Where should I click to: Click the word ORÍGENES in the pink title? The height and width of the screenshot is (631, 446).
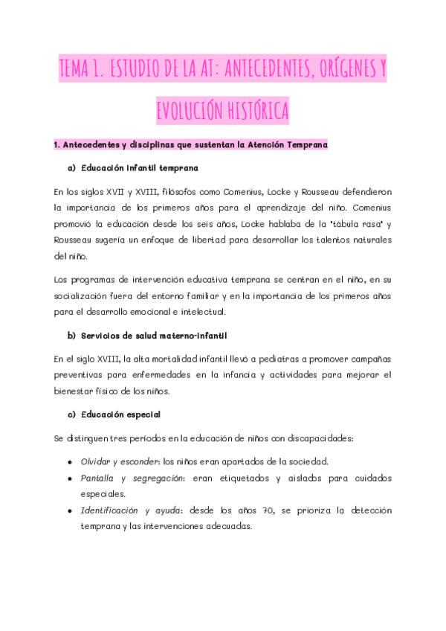tap(337, 71)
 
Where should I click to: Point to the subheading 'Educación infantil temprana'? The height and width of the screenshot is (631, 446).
tap(139, 168)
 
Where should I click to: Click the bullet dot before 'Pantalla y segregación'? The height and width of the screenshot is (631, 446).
tap(69, 478)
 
